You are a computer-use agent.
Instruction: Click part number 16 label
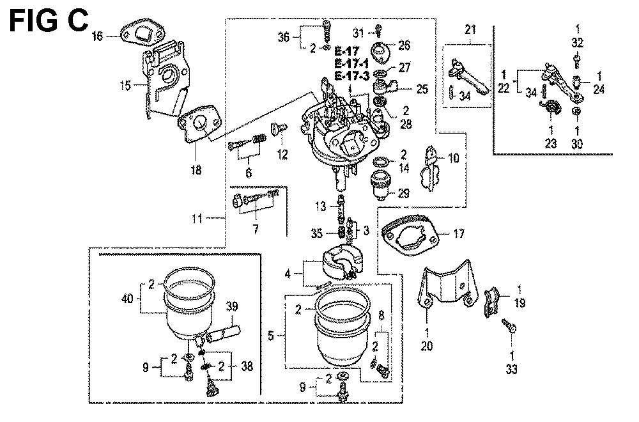pos(97,36)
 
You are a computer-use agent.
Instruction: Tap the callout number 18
pos(196,169)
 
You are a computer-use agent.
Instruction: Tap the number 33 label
pos(511,369)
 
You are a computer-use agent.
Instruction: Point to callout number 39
pos(231,307)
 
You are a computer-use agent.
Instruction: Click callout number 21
pos(470,29)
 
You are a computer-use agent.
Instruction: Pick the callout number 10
pos(454,157)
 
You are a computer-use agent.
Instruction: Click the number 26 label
pos(404,45)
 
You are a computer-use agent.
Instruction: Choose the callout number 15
pos(125,83)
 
